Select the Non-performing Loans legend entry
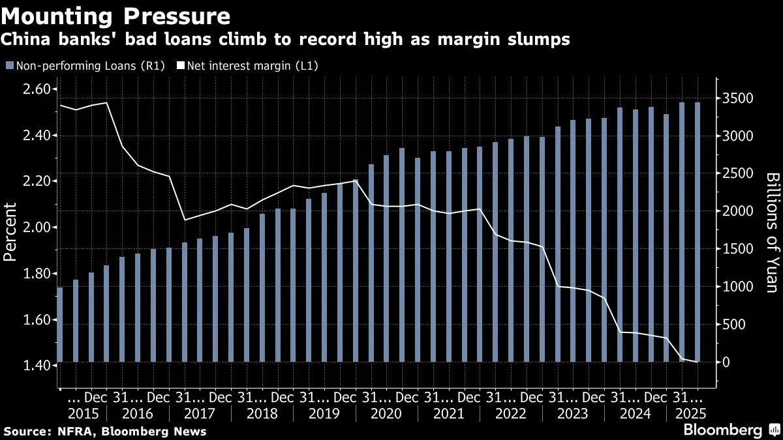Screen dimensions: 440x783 coord(85,65)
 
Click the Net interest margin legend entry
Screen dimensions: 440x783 coord(248,65)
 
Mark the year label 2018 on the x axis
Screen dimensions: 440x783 coord(262,413)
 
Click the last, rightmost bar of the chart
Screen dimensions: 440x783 coord(698,232)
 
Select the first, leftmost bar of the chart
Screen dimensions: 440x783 coord(60,325)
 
